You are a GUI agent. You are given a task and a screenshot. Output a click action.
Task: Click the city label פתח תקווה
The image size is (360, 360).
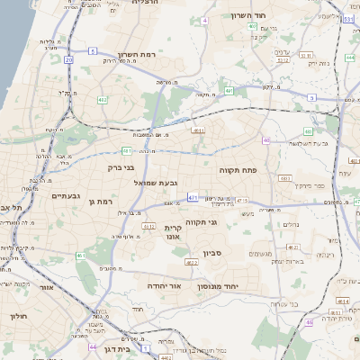(238, 168)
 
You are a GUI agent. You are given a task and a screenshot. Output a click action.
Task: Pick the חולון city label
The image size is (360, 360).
(19, 316)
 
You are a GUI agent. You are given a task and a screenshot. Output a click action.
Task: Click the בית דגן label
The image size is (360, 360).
(114, 348)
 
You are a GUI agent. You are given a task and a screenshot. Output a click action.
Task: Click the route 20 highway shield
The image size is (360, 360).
(68, 59)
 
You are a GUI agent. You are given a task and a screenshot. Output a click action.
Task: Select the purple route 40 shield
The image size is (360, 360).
(267, 140)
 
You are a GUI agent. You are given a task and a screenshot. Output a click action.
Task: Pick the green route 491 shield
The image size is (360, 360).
(229, 91)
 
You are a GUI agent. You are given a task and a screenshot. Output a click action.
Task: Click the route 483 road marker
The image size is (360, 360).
(286, 179)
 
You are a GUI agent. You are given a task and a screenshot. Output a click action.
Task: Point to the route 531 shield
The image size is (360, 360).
(348, 17)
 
